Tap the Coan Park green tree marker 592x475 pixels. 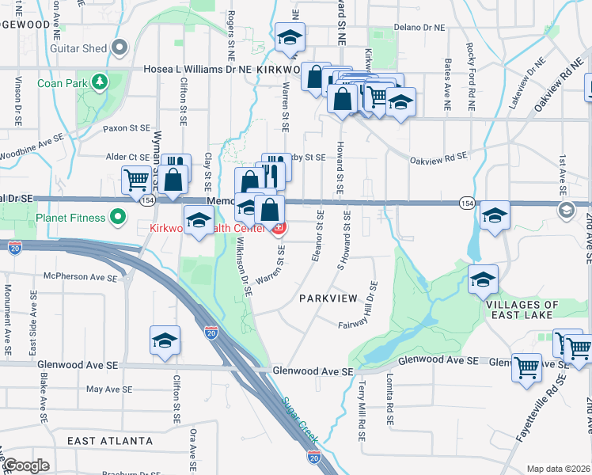99,82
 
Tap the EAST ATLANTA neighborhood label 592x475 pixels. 110,441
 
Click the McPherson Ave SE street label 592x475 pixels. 79,278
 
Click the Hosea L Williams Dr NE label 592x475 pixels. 198,70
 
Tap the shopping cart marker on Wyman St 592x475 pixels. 136,180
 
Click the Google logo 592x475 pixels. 25,465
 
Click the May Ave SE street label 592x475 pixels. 106,389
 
